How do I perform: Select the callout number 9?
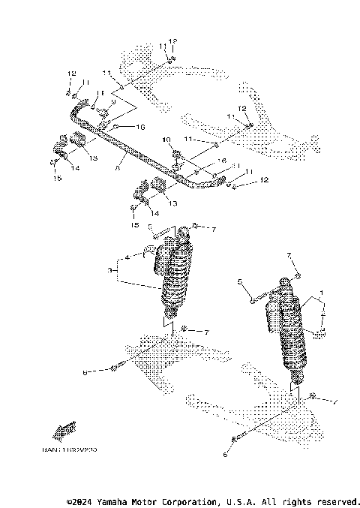pyautogui.click(x=113, y=101)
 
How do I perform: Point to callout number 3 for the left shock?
pyautogui.click(x=110, y=269)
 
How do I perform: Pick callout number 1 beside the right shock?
pyautogui.click(x=322, y=292)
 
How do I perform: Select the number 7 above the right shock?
pyautogui.click(x=289, y=256)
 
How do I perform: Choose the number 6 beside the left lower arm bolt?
pyautogui.click(x=85, y=371)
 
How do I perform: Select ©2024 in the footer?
pyautogui.click(x=80, y=500)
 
